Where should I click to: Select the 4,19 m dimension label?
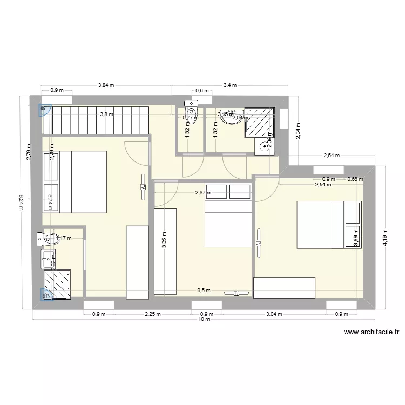[x=385, y=237]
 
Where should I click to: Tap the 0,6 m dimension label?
[x=202, y=91]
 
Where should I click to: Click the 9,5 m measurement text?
[x=204, y=290]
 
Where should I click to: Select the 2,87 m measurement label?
[x=202, y=192]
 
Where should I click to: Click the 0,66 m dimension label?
[x=355, y=179]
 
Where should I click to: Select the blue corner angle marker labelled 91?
[x=46, y=294]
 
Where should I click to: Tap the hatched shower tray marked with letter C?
[x=57, y=284]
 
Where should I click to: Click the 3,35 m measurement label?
[x=164, y=237]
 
